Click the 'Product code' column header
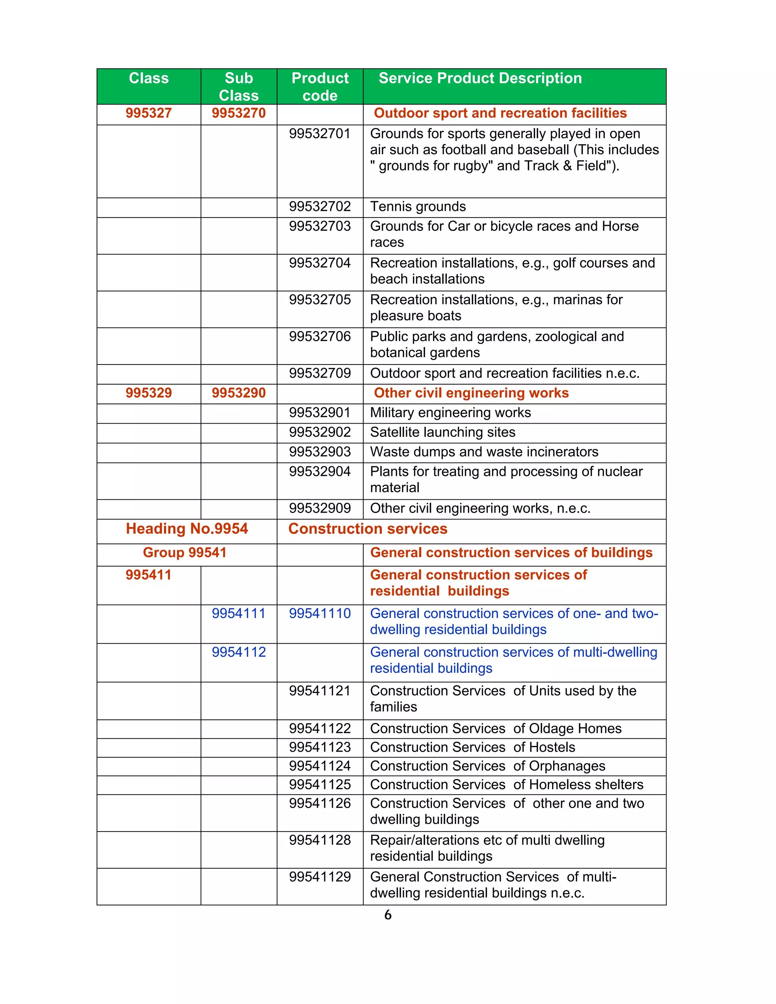click(x=320, y=86)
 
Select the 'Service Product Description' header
click(x=480, y=78)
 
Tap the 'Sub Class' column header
click(x=239, y=86)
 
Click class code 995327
click(x=149, y=113)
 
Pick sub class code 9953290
click(x=239, y=393)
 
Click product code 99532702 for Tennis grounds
click(x=320, y=207)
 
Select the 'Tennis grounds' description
click(x=418, y=207)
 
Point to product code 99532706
click(x=320, y=336)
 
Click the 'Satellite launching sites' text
click(x=443, y=432)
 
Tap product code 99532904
click(x=320, y=472)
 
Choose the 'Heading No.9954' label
click(x=187, y=529)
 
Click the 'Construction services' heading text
click(x=368, y=529)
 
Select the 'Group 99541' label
click(x=185, y=552)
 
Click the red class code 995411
click(x=149, y=575)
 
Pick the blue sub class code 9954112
click(x=239, y=652)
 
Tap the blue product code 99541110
click(x=320, y=614)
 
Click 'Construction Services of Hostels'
click(x=472, y=748)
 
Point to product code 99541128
click(x=320, y=840)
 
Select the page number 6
click(x=388, y=915)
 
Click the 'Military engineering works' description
click(x=451, y=413)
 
